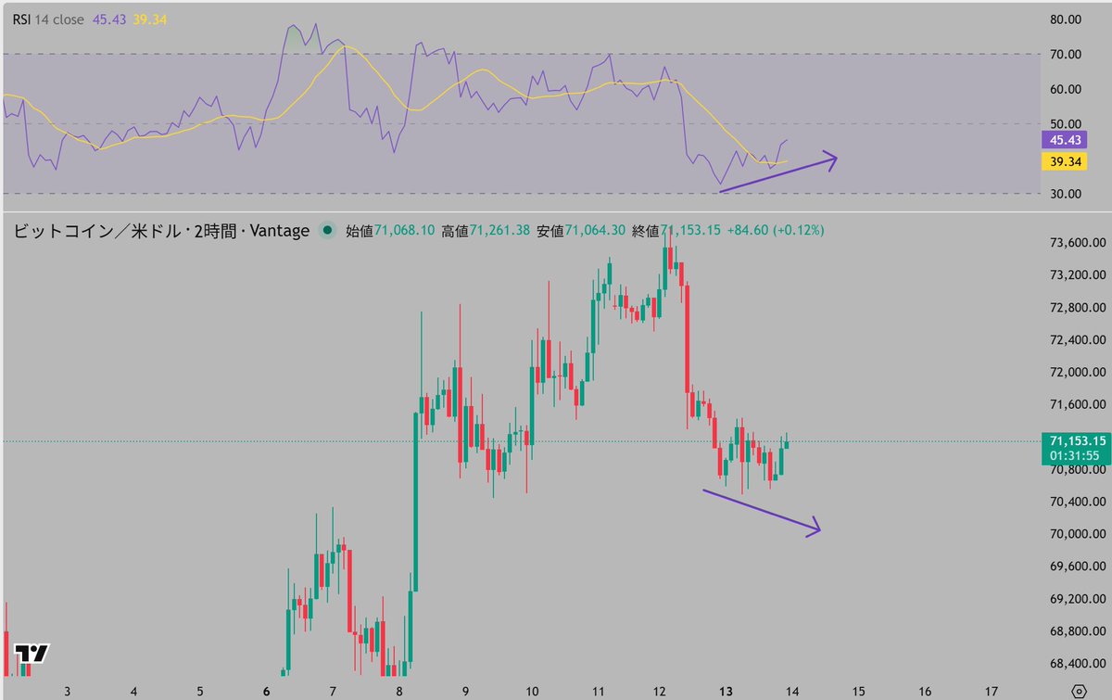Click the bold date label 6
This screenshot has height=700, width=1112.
point(266,692)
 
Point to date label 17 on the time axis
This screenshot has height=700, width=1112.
point(992,692)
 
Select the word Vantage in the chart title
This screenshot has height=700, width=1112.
point(277,231)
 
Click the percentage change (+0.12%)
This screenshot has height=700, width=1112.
point(796,230)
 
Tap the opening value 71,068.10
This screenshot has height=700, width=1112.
point(405,230)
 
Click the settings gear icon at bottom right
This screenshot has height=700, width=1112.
point(1077,691)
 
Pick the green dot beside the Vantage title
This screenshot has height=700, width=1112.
point(327,231)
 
